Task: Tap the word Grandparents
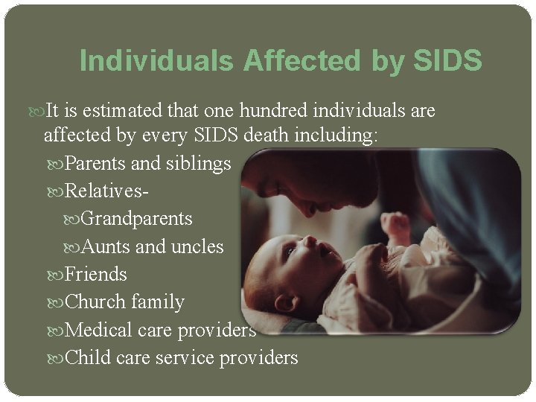pyautogui.click(x=137, y=219)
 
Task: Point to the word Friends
pyautogui.click(x=96, y=274)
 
